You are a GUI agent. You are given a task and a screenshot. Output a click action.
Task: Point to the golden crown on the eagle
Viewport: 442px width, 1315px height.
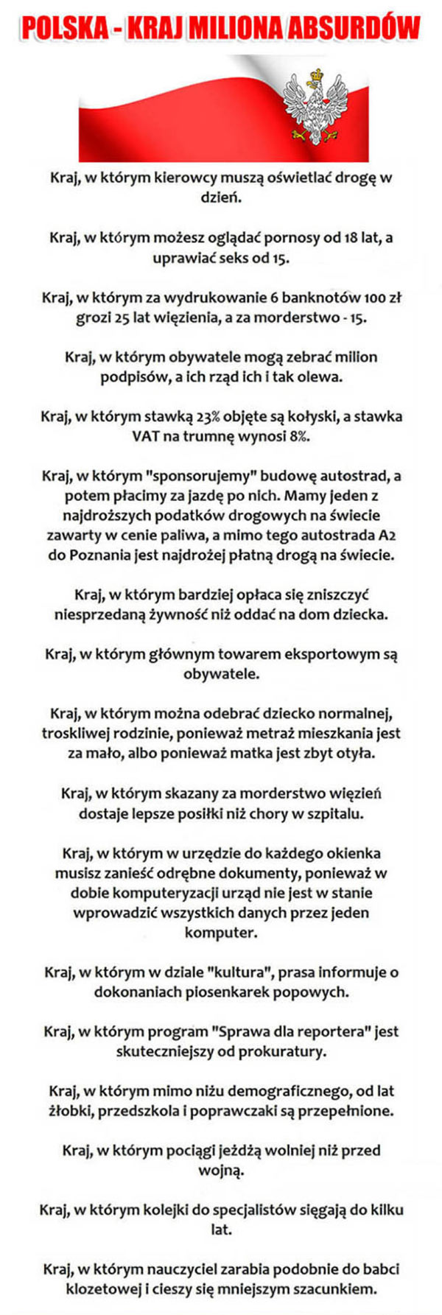(x=318, y=75)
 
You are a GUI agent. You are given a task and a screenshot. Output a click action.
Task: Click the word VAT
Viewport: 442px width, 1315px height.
(x=146, y=436)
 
